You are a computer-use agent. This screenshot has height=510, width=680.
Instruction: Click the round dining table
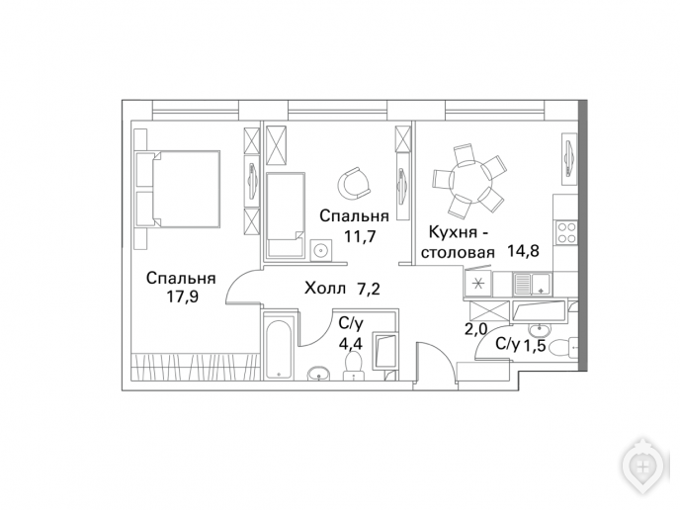tap(469, 180)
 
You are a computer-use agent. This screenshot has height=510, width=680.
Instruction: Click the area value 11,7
tap(360, 236)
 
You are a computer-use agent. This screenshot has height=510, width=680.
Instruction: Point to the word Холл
tap(326, 288)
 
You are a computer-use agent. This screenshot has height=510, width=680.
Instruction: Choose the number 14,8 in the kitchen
tap(524, 251)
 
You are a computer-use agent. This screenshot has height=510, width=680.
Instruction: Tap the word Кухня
tap(453, 232)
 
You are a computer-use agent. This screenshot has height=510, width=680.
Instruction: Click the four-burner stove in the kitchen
tap(566, 232)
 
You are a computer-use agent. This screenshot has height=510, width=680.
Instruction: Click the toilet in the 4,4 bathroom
tap(354, 365)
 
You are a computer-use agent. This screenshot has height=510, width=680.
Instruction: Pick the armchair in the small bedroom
tap(354, 182)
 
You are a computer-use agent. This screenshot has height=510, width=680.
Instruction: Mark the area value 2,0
tap(475, 329)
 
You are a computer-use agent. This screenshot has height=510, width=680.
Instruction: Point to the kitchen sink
tap(532, 284)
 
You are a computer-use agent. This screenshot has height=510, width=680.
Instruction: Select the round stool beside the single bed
tap(321, 250)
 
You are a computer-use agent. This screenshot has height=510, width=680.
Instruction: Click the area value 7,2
tap(369, 288)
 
